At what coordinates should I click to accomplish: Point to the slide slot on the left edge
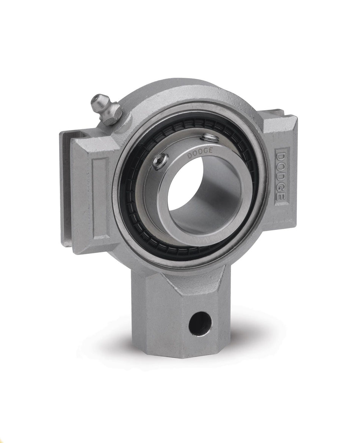pos(65,189)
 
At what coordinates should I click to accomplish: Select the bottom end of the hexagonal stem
pos(178,351)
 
